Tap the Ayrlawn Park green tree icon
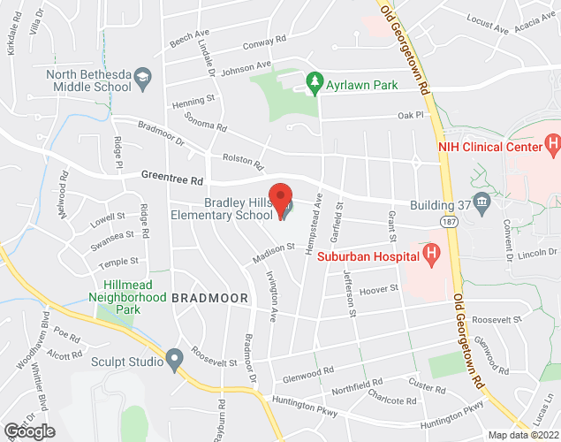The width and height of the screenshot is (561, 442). click(313, 83)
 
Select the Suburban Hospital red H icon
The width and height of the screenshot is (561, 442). click(431, 256)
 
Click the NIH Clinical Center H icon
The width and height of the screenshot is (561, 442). click(552, 141)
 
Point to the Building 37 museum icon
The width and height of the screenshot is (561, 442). click(481, 204)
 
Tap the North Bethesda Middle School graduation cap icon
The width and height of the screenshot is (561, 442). click(140, 81)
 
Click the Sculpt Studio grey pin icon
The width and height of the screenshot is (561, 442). click(174, 360)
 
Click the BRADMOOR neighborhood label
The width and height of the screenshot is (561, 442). click(209, 299)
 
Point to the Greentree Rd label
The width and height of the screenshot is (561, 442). click(172, 178)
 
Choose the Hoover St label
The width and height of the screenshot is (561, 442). click(381, 289)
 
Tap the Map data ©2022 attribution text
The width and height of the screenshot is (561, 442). click(523, 434)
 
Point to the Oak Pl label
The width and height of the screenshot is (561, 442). click(411, 115)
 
